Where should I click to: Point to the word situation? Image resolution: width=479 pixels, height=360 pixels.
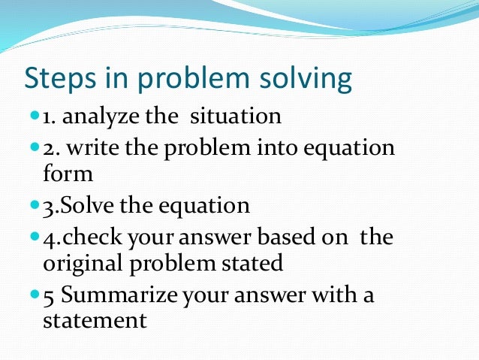coord(235,117)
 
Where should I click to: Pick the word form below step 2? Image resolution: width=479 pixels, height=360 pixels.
coord(68,174)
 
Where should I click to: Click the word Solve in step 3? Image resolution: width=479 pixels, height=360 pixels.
coord(87,205)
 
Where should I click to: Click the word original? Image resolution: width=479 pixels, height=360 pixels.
coord(83,264)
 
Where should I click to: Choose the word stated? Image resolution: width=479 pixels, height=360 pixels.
coord(255,264)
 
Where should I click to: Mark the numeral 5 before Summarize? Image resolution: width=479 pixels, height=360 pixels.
coord(49,295)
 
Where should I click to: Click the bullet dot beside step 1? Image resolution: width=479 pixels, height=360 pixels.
coord(35,116)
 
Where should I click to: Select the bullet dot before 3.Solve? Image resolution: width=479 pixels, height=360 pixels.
coord(35,204)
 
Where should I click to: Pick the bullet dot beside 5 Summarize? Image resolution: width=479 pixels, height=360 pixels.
coord(35,294)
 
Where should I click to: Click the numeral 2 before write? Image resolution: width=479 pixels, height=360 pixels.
coord(48,147)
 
